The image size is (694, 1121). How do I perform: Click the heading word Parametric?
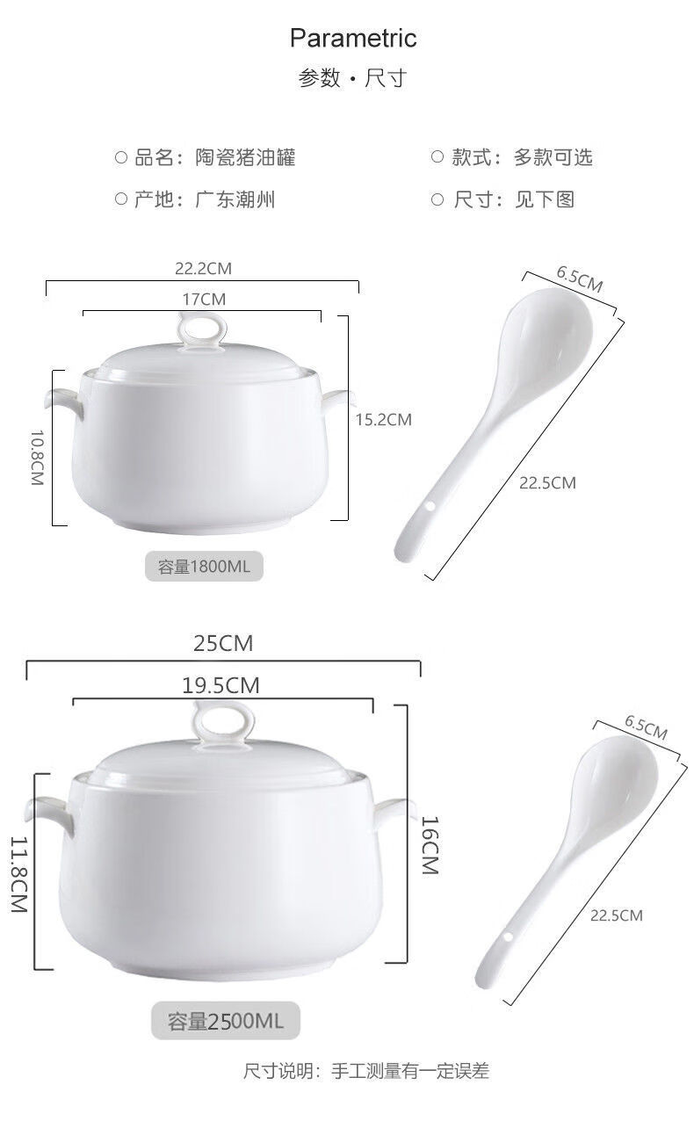353,39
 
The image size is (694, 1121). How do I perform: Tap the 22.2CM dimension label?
203,269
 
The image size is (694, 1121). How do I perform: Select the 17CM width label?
204,300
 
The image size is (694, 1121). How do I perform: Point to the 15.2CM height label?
383,420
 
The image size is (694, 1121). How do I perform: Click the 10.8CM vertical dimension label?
38,458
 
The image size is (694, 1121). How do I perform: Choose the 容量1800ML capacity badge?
204,567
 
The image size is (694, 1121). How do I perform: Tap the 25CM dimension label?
223,644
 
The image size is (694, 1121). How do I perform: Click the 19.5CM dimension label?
220,685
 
